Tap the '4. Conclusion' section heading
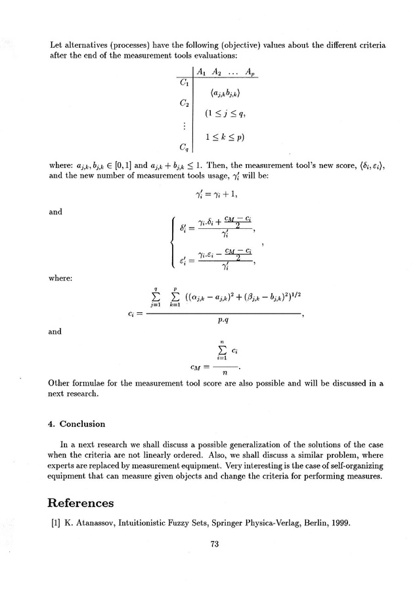77,424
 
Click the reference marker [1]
55,523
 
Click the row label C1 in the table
184,84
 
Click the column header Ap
250,71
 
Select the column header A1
203,71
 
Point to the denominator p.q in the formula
221,322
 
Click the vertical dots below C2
184,125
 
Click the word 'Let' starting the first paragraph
57,46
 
